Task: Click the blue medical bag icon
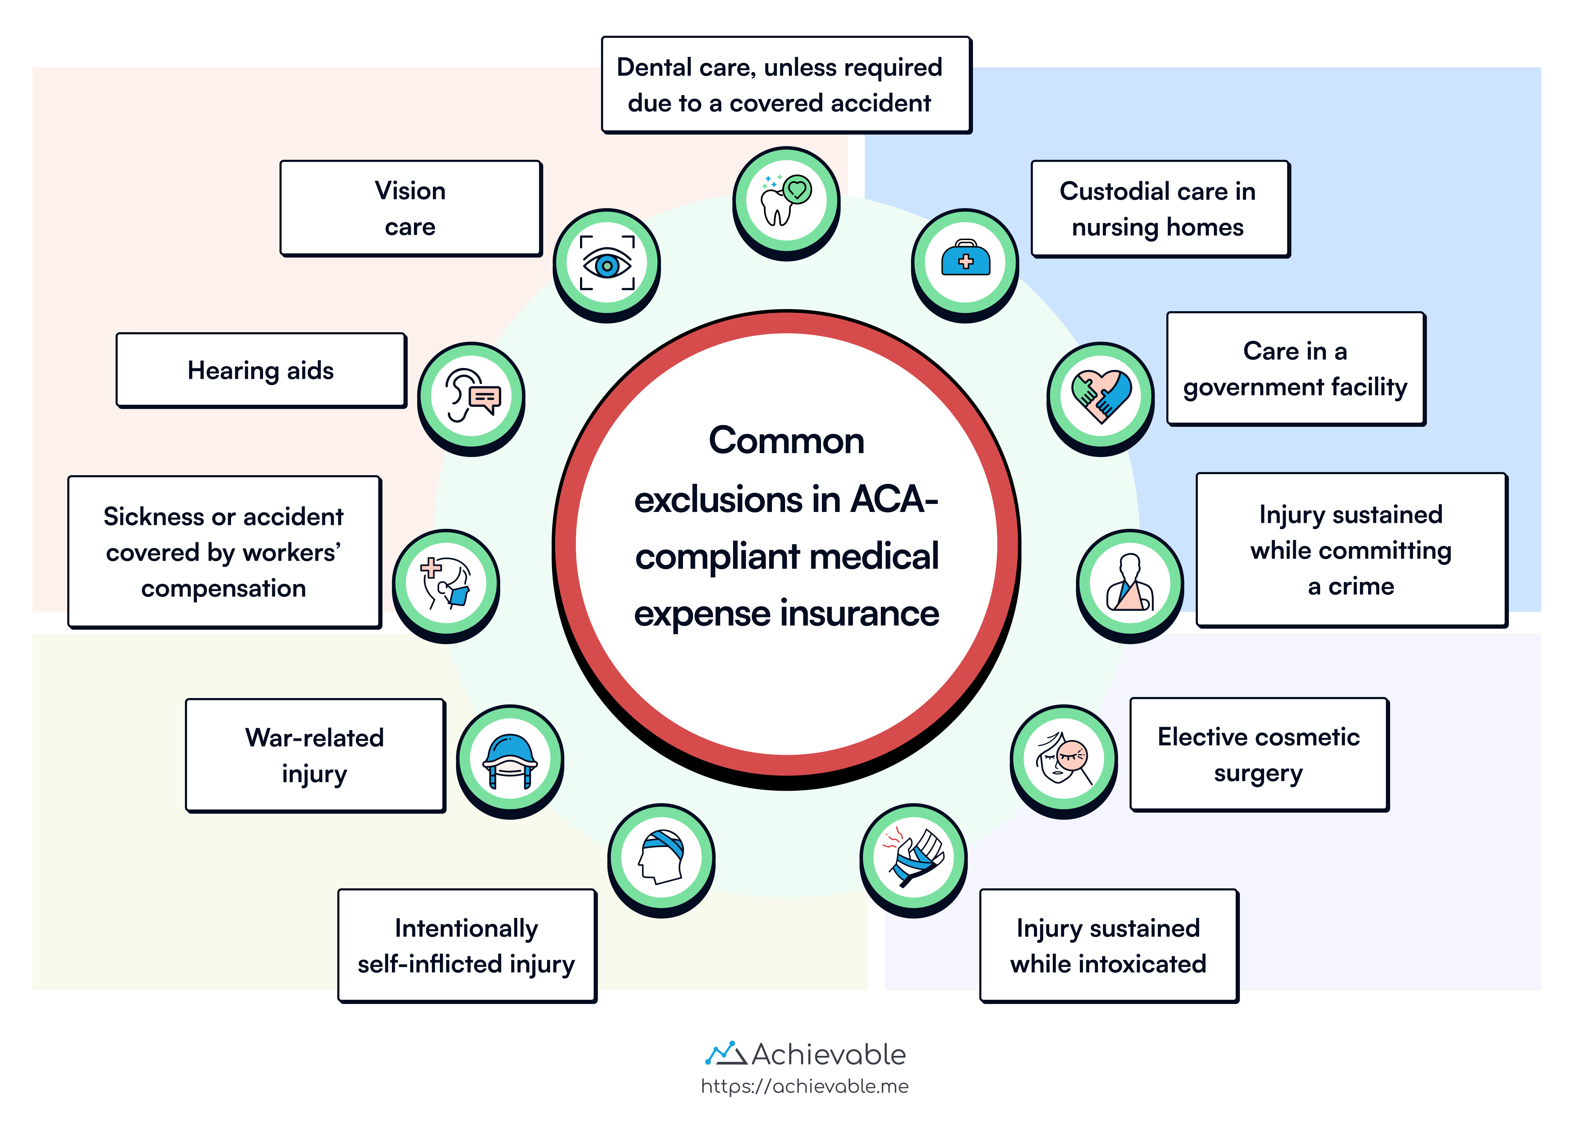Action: point(965,260)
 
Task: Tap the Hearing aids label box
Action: point(261,370)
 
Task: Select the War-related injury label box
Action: point(315,756)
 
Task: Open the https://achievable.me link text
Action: point(805,1086)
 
